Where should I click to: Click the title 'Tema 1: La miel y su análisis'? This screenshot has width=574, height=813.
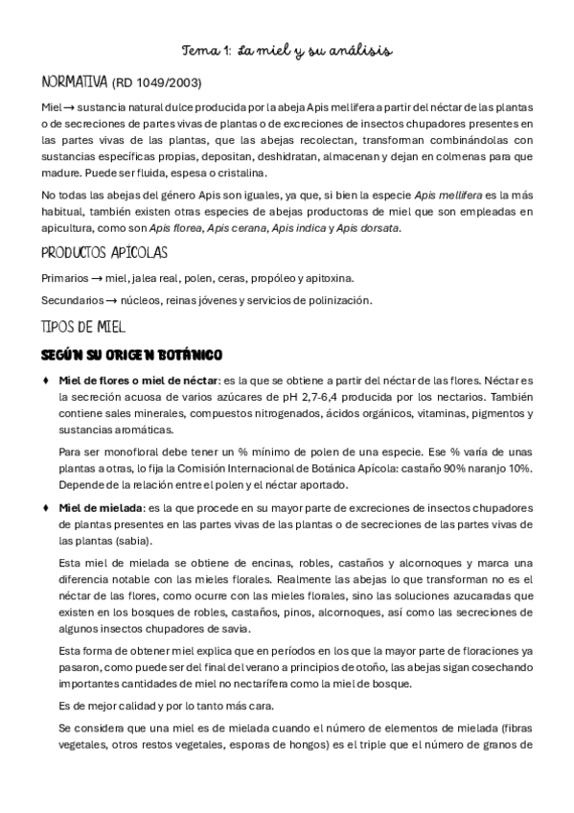click(287, 49)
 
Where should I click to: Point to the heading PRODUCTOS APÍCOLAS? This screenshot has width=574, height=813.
click(105, 253)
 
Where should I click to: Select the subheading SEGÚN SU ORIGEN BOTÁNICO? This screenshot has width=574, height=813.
click(132, 354)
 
